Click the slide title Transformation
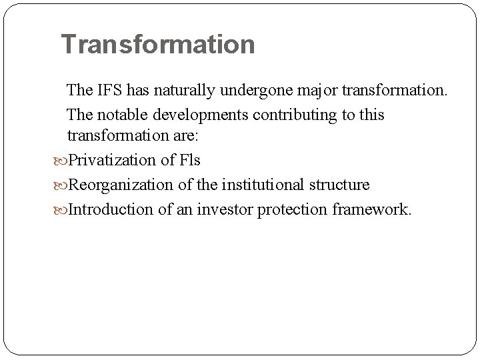click(x=157, y=45)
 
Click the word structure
click(x=337, y=185)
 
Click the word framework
click(x=370, y=209)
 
